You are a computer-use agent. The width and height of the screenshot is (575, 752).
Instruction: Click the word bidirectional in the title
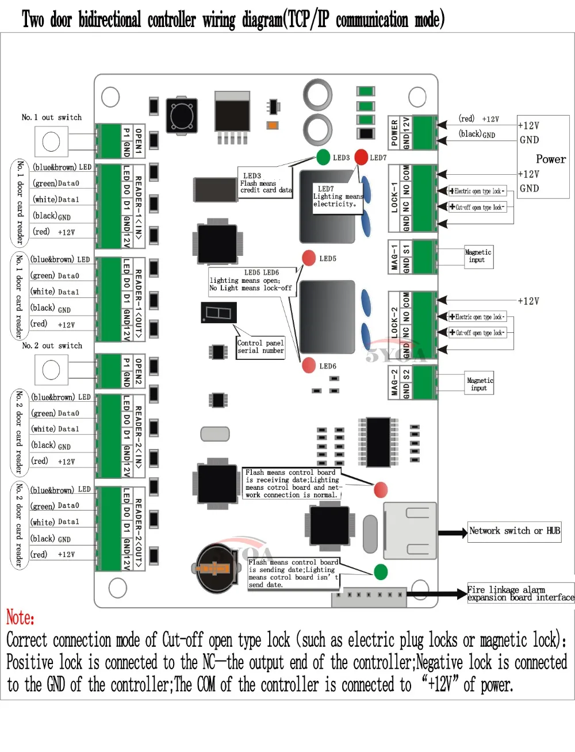coord(109,20)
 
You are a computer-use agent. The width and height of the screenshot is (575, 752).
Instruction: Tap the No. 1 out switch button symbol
coord(51,141)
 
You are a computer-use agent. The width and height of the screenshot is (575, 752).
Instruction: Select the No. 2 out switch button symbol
coord(51,370)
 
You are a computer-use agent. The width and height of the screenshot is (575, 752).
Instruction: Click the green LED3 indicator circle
coord(323,156)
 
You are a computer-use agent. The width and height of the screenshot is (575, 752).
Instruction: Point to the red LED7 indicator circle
coord(361,156)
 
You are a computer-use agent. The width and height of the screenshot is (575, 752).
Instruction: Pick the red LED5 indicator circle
coord(309,258)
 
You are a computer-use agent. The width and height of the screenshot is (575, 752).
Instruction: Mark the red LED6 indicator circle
coord(309,365)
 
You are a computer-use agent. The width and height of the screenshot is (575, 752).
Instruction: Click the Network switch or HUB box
coord(514,531)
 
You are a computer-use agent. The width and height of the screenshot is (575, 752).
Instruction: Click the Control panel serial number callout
coord(260,347)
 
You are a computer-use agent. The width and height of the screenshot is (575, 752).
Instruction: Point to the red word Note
coord(20,617)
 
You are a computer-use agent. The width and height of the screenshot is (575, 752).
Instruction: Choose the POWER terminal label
coord(394,132)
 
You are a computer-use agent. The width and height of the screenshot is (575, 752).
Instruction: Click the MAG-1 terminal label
coord(394,257)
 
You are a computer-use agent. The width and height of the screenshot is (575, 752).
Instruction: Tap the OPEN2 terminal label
coord(138,371)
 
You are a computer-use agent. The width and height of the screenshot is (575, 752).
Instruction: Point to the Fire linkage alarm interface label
coord(520,593)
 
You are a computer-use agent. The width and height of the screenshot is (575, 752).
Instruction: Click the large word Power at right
coord(550,159)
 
